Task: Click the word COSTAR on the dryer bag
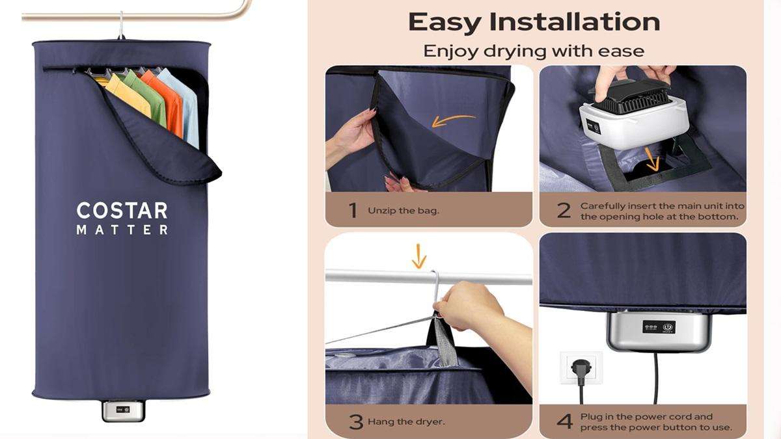(x=122, y=211)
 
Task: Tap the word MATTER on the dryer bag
(x=122, y=230)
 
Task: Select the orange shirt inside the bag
(x=166, y=101)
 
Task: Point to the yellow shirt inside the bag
(x=128, y=94)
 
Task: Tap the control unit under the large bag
(x=124, y=410)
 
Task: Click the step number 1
(x=353, y=210)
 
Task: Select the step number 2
(x=564, y=211)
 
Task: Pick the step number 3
(x=356, y=421)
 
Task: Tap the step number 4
(x=564, y=421)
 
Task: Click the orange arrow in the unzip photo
(x=453, y=120)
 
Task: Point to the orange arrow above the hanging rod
(x=418, y=256)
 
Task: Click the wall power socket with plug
(x=581, y=368)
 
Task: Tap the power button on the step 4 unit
(x=667, y=327)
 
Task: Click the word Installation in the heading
(x=575, y=22)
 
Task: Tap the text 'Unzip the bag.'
(x=404, y=211)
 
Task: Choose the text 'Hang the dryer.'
(x=406, y=421)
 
